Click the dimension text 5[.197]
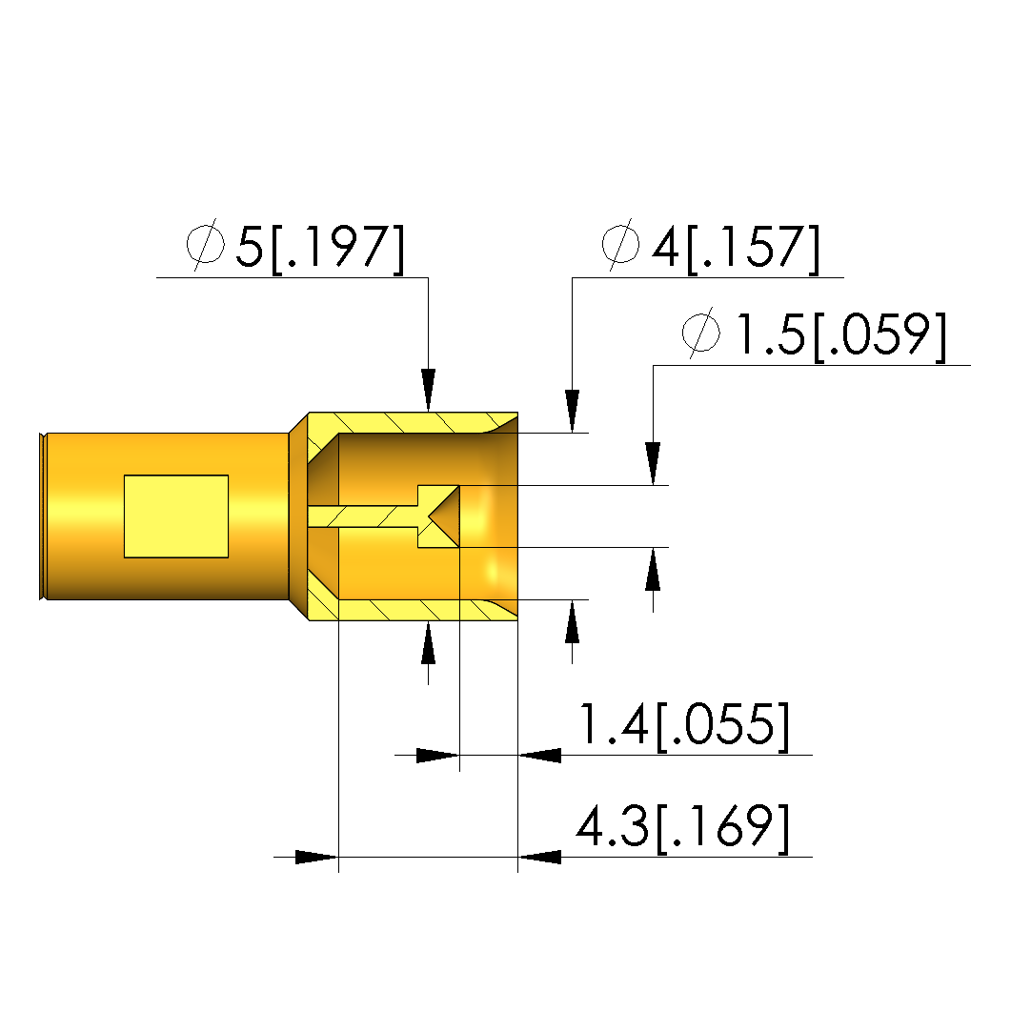320,249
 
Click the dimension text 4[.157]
736,248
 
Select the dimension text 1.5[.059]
840,335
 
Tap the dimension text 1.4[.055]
683,724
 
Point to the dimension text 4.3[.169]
683,827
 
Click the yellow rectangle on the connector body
176,516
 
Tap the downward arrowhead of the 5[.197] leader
429,391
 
